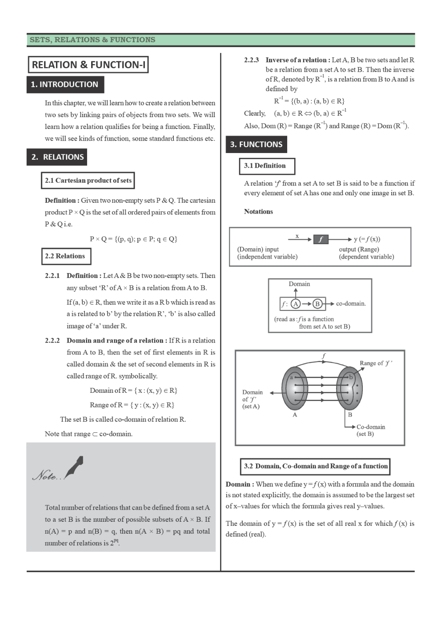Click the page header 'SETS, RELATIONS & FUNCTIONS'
click(92, 40)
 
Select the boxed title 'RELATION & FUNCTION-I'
click(88, 64)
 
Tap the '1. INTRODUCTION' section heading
click(64, 85)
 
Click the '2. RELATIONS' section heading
click(57, 157)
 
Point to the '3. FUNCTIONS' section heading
click(256, 144)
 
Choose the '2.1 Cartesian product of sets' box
click(88, 181)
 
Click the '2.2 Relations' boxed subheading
click(65, 256)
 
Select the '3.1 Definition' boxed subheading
click(265, 165)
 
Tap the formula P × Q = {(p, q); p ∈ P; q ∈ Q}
click(133, 239)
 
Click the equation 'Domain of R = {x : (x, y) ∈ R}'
click(133, 391)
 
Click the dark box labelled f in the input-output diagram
click(321, 239)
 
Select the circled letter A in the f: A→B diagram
click(296, 304)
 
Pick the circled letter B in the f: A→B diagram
click(317, 304)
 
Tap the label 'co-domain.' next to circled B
click(351, 304)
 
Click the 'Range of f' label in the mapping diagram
click(376, 363)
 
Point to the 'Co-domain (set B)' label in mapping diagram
click(370, 430)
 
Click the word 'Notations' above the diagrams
click(258, 212)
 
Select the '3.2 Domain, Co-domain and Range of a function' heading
click(315, 466)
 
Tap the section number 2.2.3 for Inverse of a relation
click(251, 60)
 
